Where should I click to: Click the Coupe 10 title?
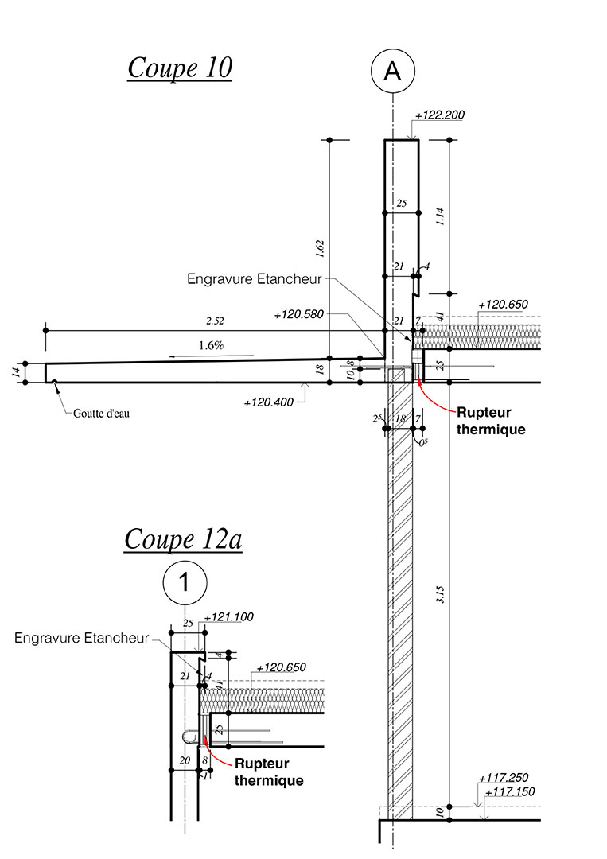coord(180,68)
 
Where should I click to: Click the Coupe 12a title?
coord(183,539)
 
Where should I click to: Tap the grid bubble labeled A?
coord(393,71)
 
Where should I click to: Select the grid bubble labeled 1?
coord(185,581)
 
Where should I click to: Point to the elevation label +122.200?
coord(440,115)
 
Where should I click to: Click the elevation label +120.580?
coord(298,314)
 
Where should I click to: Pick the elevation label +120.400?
coord(268,402)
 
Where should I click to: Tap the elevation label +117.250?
coord(504,778)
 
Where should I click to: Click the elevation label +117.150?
coord(510,791)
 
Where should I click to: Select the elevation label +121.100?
coord(229,617)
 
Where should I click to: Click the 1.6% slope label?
coord(212,346)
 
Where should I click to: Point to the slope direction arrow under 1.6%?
coord(212,356)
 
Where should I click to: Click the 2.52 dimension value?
coord(215,321)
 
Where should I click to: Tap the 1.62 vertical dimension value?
coord(321,249)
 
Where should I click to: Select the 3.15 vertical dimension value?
coord(441,595)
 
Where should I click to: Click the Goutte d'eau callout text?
coord(101,414)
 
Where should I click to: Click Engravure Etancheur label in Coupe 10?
coord(255,279)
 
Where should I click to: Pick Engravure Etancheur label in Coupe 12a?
coord(82,638)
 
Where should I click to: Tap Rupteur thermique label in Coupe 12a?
coord(269,772)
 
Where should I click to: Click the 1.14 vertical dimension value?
coord(441,216)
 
